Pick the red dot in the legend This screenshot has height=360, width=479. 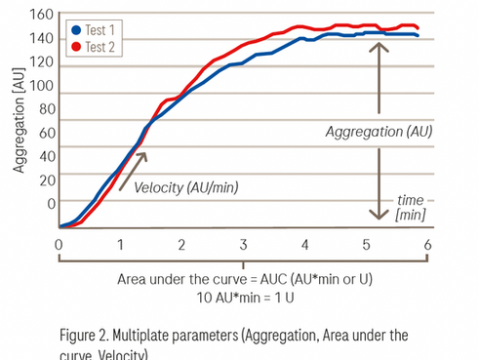76,46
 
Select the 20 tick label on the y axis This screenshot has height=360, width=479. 45,180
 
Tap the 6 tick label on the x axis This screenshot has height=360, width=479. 426,245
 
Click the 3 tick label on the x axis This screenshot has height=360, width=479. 243,245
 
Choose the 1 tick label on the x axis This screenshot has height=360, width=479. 120,245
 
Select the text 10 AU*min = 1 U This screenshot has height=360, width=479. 243,296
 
